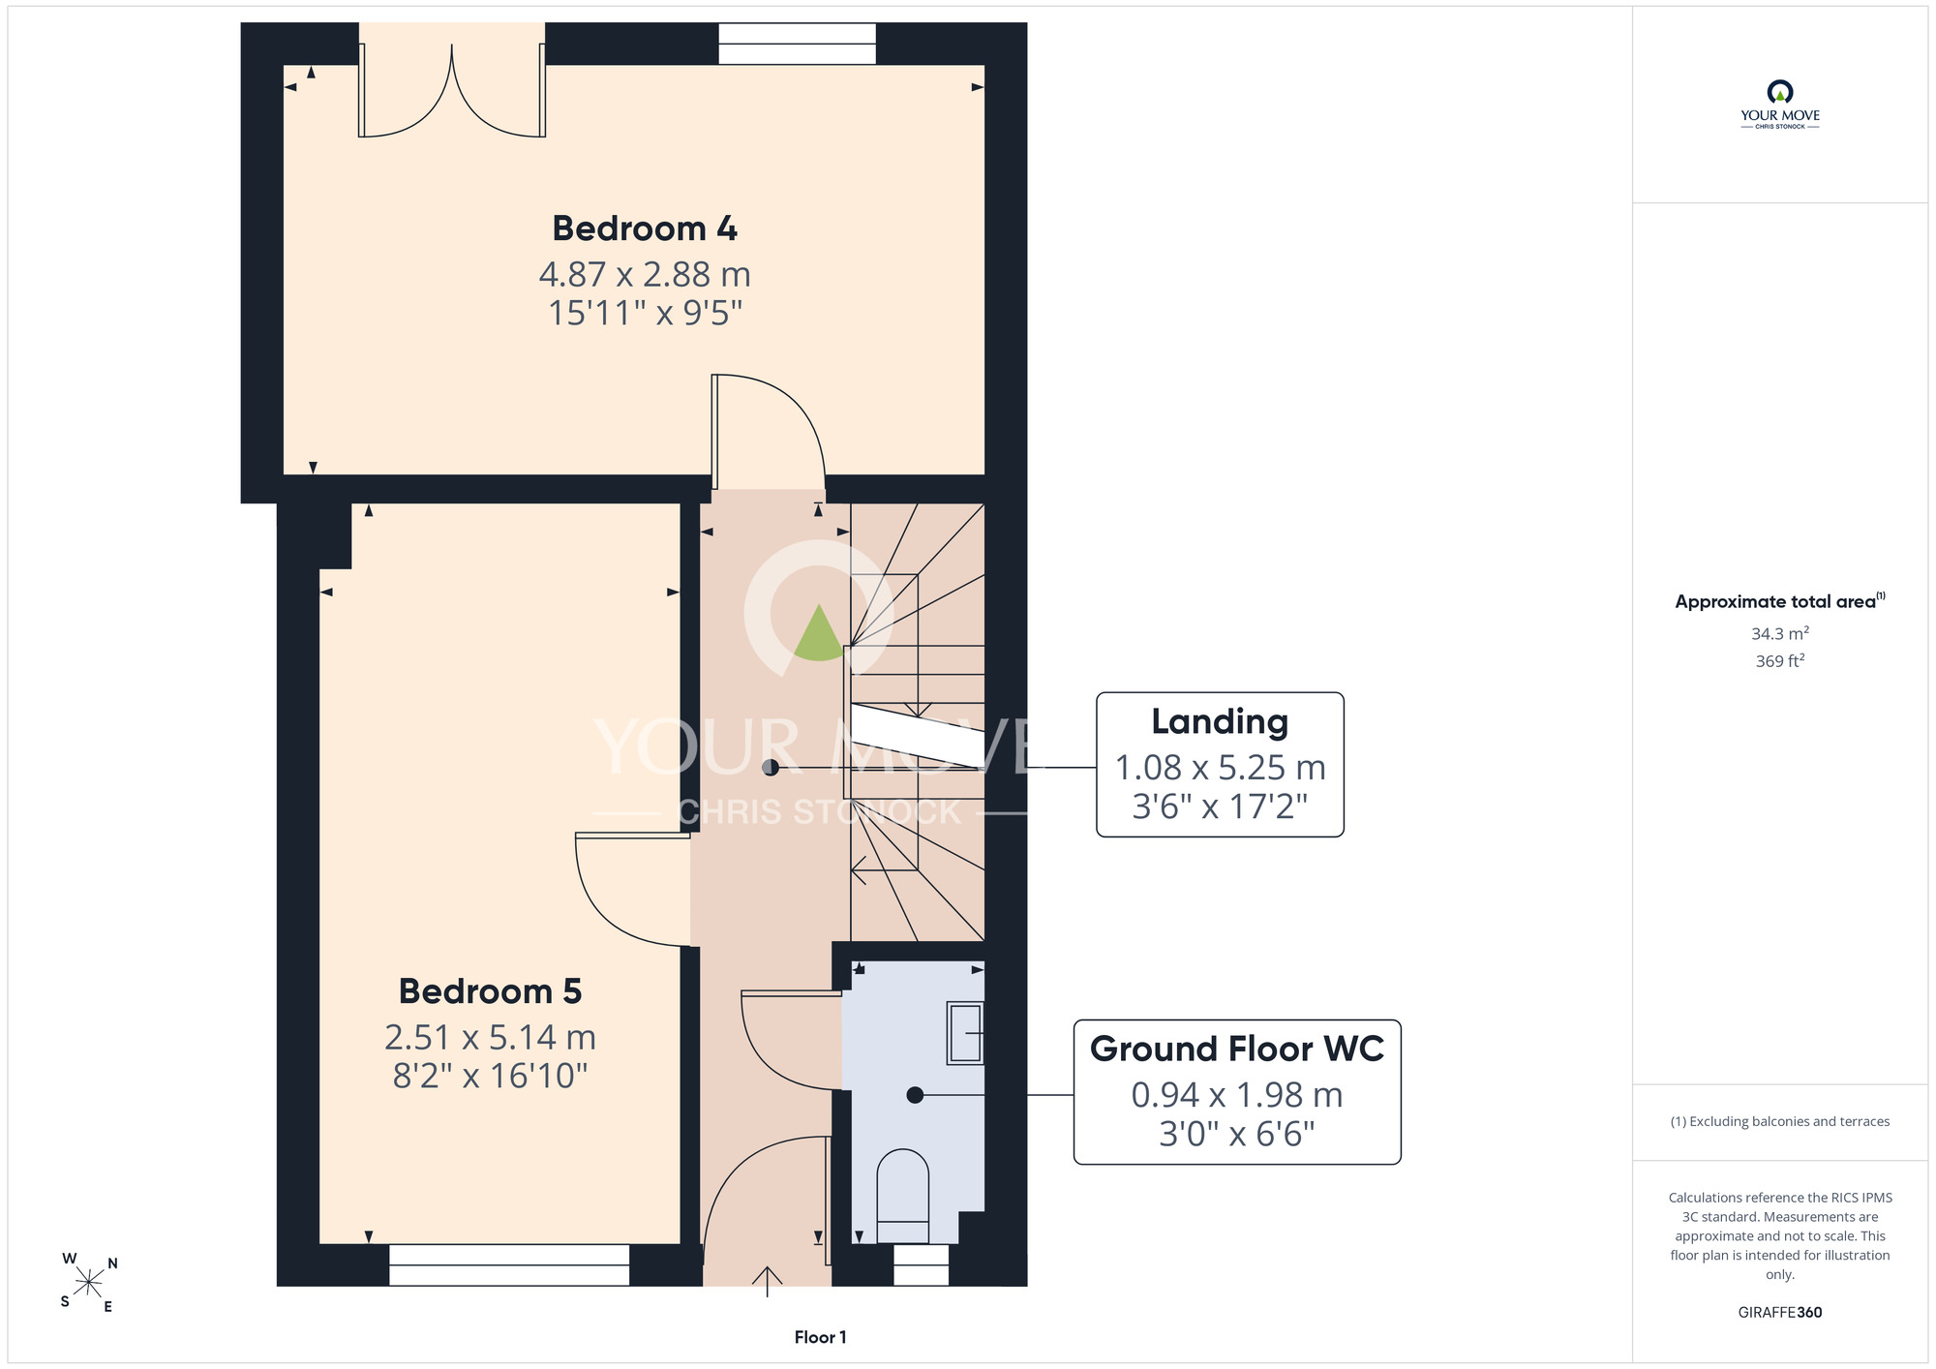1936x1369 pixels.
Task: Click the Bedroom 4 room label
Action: (x=645, y=228)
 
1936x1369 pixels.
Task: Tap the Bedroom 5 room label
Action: (x=490, y=991)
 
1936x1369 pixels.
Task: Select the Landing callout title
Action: (x=1220, y=722)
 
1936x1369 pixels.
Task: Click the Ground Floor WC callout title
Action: (x=1237, y=1049)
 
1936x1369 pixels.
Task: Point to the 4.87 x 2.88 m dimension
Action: (x=645, y=275)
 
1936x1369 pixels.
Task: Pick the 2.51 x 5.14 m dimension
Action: (x=490, y=1038)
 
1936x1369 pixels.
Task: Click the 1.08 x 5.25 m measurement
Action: (x=1220, y=768)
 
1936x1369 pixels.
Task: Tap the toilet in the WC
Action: (x=902, y=1196)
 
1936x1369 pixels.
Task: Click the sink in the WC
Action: (x=965, y=1033)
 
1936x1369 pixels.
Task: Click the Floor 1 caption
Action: (x=820, y=1337)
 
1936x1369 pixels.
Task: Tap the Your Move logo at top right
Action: (x=1779, y=105)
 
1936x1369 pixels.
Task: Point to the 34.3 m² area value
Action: (x=1779, y=633)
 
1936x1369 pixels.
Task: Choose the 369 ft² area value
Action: (x=1779, y=660)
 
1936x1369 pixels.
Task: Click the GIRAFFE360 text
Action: (x=1779, y=1313)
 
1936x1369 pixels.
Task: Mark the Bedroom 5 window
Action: (x=509, y=1265)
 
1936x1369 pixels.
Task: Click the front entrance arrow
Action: (x=768, y=1281)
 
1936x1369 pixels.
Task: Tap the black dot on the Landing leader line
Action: (x=771, y=768)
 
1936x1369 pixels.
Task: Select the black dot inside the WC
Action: (x=915, y=1095)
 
